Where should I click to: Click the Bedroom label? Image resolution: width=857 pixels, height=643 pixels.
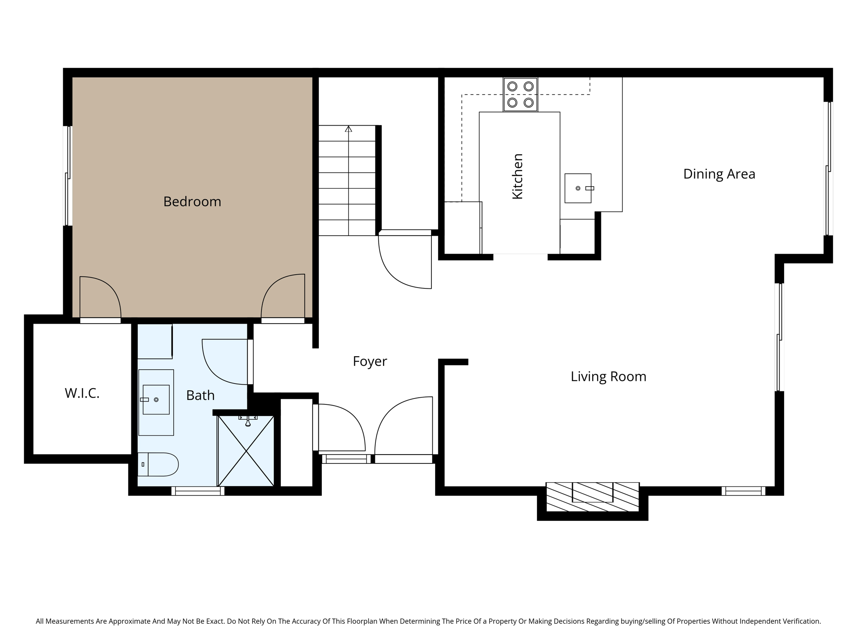pyautogui.click(x=192, y=202)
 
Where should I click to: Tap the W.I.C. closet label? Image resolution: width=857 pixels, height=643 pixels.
pyautogui.click(x=82, y=393)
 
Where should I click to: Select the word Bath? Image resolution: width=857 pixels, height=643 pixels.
pyautogui.click(x=200, y=395)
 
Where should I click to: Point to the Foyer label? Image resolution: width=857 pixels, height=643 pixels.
pyautogui.click(x=369, y=361)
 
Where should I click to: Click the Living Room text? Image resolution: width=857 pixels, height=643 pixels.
pyautogui.click(x=608, y=376)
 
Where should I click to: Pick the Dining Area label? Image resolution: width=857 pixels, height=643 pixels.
pyautogui.click(x=719, y=174)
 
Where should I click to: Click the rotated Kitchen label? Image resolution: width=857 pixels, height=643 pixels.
pyautogui.click(x=518, y=176)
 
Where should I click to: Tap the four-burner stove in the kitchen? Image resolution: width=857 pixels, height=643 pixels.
pyautogui.click(x=520, y=95)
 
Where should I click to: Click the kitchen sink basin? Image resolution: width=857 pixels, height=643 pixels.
pyautogui.click(x=578, y=188)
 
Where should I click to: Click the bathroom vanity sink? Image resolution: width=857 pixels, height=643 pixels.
pyautogui.click(x=156, y=400)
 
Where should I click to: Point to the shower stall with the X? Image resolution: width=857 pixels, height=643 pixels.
pyautogui.click(x=246, y=451)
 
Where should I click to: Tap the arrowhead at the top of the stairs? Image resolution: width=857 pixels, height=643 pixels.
pyautogui.click(x=348, y=129)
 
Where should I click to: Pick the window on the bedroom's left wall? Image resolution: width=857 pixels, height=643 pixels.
pyautogui.click(x=68, y=176)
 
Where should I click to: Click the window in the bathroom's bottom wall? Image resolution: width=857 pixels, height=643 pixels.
pyautogui.click(x=198, y=491)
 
